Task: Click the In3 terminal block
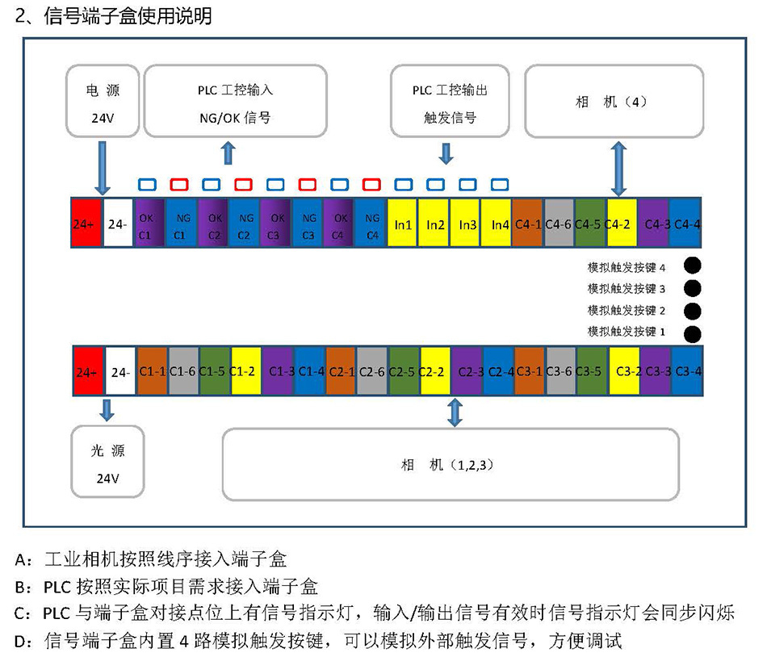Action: click(x=467, y=224)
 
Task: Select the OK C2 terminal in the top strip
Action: click(x=214, y=224)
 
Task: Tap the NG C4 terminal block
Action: click(x=372, y=224)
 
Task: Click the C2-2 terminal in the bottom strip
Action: click(x=435, y=371)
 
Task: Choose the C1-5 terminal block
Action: click(x=214, y=371)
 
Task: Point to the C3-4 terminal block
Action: click(x=687, y=371)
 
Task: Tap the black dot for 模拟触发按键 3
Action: click(x=692, y=288)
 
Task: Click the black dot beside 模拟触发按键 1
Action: click(x=692, y=333)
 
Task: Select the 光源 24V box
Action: click(x=108, y=464)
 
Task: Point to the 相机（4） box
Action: click(x=614, y=102)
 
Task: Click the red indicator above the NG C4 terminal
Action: click(x=371, y=183)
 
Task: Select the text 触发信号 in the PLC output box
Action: click(x=450, y=118)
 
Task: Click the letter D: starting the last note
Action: click(x=21, y=642)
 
